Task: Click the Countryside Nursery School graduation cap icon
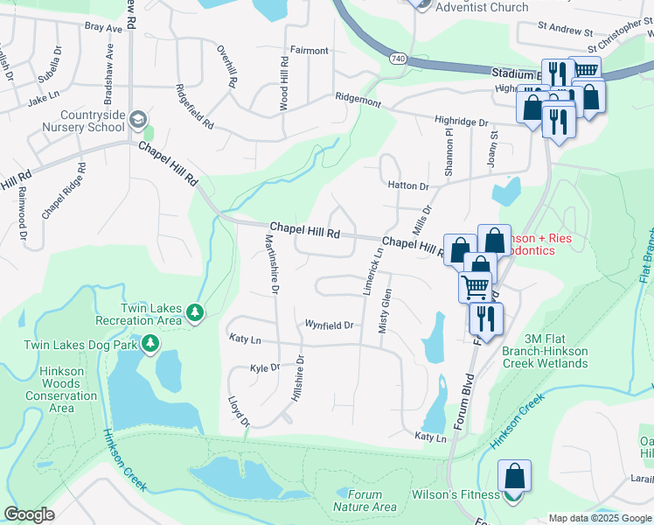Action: coord(137,119)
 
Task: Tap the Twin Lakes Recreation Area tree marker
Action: coord(197,311)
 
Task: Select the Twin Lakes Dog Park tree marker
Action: coord(151,345)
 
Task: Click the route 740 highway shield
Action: coord(398,58)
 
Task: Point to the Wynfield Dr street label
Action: coord(329,325)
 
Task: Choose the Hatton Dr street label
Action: coord(408,186)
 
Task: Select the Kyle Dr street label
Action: coord(264,368)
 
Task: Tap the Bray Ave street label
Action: coord(103,28)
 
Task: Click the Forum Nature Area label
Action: coord(365,500)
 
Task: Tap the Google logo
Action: coord(29,514)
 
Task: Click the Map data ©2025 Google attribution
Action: coord(599,518)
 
